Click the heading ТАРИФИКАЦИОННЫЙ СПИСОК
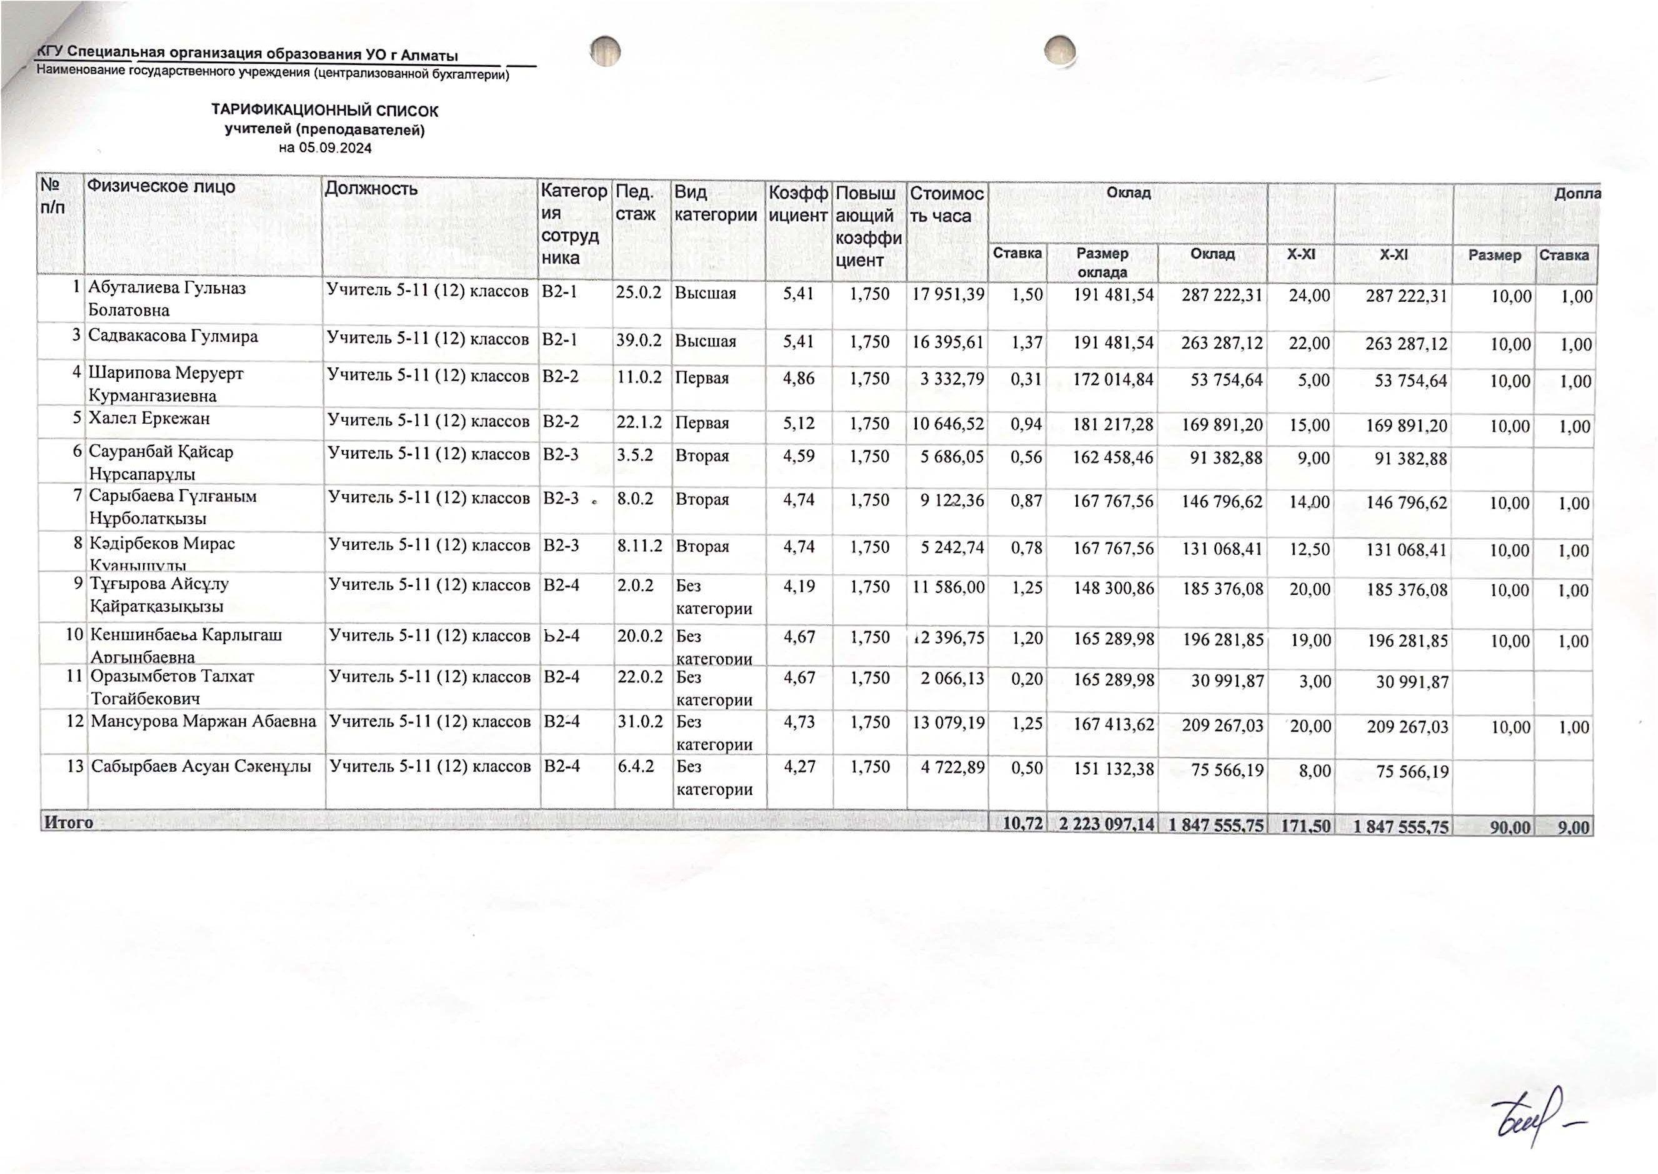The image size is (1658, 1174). [x=324, y=111]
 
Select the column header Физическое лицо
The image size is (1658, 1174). [x=161, y=187]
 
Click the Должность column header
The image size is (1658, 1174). [x=371, y=189]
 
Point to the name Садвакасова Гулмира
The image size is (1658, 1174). [x=174, y=337]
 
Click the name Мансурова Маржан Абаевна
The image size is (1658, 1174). [x=203, y=722]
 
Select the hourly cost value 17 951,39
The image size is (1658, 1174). [x=948, y=294]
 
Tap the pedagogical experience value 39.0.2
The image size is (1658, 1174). [x=639, y=341]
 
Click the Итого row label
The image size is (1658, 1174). [x=69, y=822]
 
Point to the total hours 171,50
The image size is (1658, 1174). [x=1305, y=825]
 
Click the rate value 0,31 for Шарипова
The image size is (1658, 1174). [x=1027, y=379]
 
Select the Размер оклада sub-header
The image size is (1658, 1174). [x=1102, y=263]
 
